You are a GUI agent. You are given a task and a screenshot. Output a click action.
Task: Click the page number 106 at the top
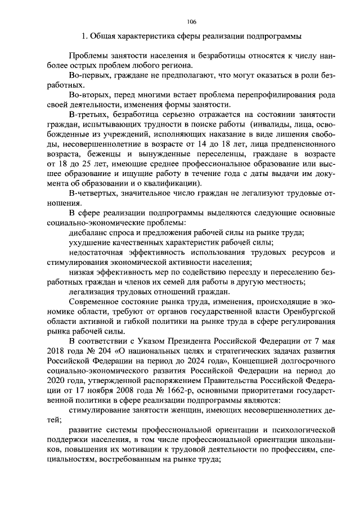click(191, 21)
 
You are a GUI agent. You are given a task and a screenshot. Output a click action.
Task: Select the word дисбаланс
click(88, 233)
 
